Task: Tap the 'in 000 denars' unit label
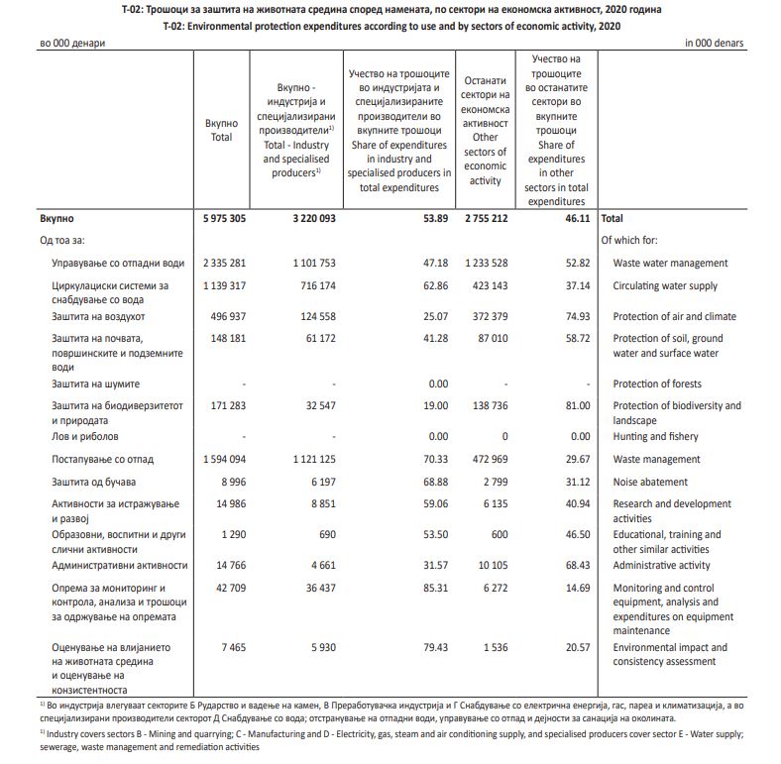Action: click(x=714, y=44)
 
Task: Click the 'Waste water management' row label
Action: click(x=670, y=263)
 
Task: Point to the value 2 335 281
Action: click(x=222, y=263)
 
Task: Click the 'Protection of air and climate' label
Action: click(x=674, y=316)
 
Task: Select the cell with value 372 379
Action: click(x=486, y=316)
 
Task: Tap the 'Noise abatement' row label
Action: click(x=649, y=482)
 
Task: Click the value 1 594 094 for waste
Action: click(x=222, y=460)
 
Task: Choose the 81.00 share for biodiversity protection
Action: click(x=576, y=405)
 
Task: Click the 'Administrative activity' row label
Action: click(x=661, y=566)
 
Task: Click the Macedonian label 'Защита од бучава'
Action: click(x=98, y=482)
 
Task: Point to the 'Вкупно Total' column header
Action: click(x=222, y=130)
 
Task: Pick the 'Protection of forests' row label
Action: click(x=657, y=383)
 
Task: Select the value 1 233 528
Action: click(x=483, y=263)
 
